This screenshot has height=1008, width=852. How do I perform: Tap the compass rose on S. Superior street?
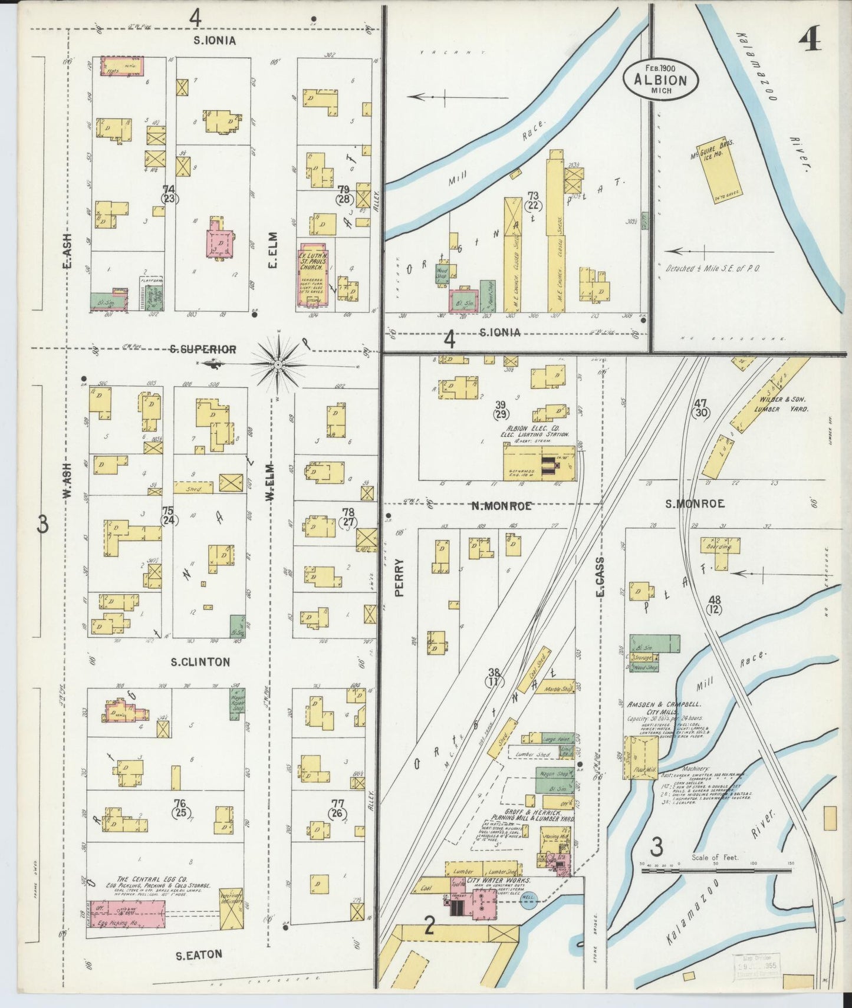(x=278, y=365)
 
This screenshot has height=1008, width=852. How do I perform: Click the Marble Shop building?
(x=559, y=687)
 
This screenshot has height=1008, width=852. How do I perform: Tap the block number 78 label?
(x=348, y=516)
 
